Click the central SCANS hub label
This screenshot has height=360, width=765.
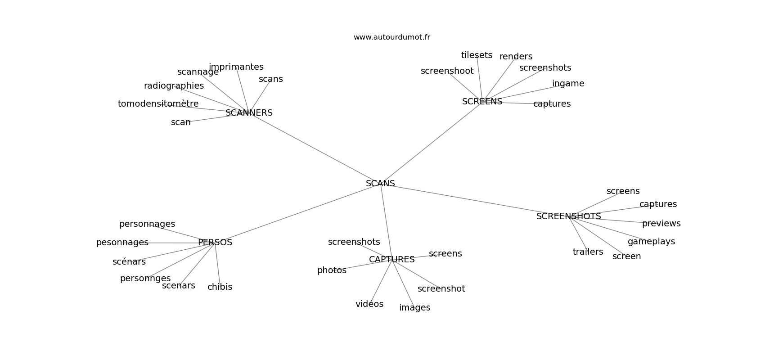380,184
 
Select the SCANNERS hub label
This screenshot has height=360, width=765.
249,113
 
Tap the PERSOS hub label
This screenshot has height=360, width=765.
215,243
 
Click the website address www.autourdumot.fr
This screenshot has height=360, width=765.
391,37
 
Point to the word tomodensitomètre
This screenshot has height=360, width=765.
158,104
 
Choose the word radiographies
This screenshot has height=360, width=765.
174,86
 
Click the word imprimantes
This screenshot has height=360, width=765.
236,67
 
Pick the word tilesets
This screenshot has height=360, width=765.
477,55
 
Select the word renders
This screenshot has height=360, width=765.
516,57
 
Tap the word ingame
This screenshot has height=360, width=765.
568,84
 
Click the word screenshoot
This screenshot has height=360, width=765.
447,71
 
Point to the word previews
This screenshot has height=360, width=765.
661,224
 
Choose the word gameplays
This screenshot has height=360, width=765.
651,242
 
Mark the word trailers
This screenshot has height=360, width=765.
588,252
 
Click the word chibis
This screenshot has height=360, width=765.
220,287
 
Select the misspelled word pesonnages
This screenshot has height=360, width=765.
122,243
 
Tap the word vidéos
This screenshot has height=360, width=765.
369,304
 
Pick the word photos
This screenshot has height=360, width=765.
332,270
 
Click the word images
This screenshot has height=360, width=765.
414,308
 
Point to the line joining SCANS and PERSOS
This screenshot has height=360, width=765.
297,214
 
